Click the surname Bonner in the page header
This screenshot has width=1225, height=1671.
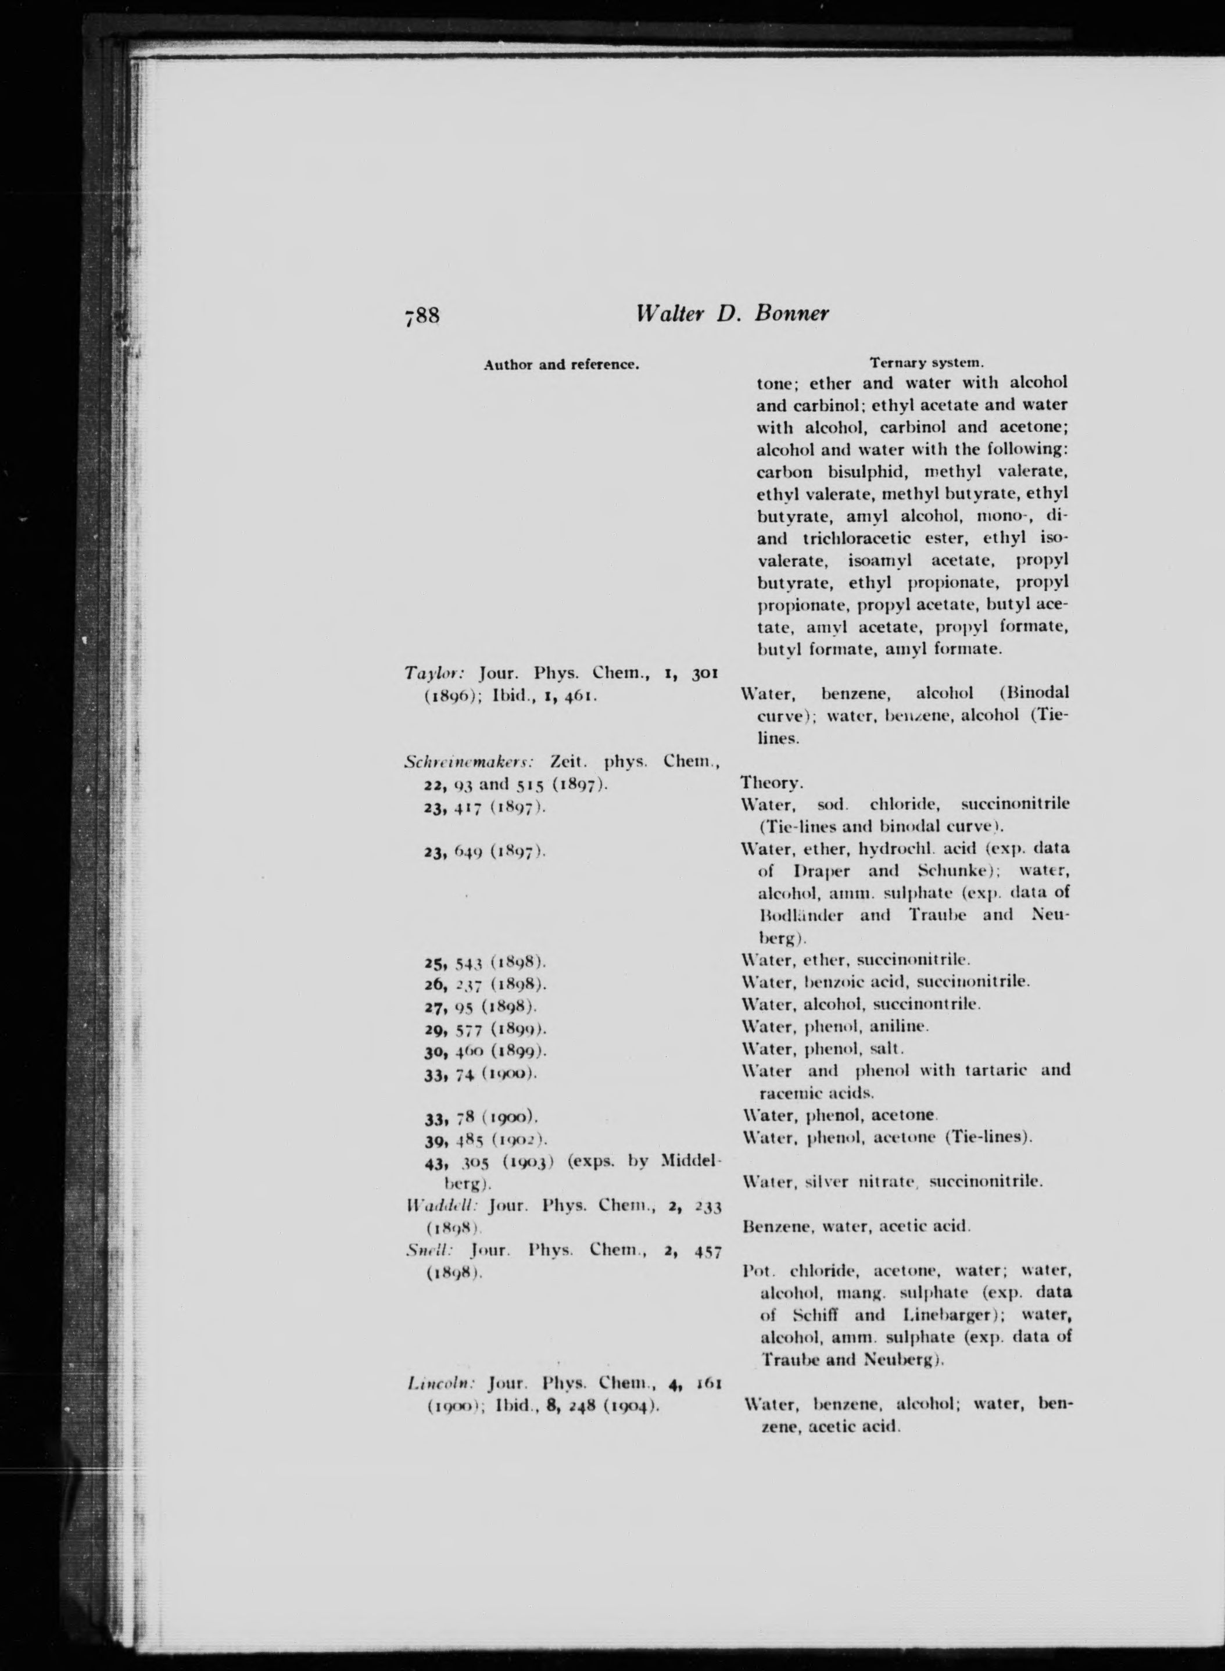tap(791, 314)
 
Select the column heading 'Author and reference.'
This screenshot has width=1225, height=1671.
tap(561, 365)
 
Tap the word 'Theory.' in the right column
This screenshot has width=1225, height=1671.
tap(771, 782)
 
